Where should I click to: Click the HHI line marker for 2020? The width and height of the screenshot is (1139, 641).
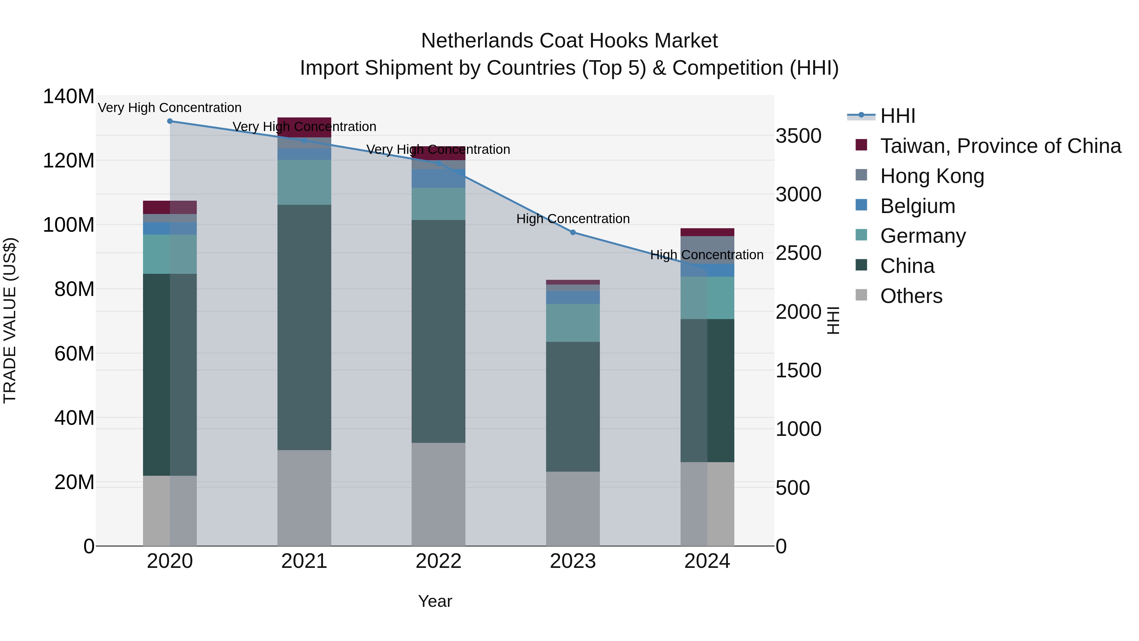click(x=170, y=121)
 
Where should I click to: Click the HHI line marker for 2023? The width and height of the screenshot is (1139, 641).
click(x=573, y=232)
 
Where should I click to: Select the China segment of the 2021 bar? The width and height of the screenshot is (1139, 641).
click(x=304, y=327)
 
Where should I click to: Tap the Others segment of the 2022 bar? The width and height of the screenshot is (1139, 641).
click(x=438, y=494)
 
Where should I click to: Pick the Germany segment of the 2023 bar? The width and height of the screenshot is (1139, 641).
click(x=573, y=323)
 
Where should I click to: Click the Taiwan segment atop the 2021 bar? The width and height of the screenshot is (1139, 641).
click(x=304, y=127)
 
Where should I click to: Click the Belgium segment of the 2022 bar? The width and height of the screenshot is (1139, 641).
click(x=438, y=178)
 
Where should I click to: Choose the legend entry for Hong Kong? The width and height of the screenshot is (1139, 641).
click(x=932, y=176)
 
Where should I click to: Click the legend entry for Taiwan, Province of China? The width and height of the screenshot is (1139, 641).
click(x=1000, y=146)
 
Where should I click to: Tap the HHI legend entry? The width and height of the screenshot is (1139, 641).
click(x=897, y=116)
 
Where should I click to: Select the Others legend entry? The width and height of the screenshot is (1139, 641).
click(x=911, y=296)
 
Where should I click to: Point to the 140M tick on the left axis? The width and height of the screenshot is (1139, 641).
click(x=69, y=97)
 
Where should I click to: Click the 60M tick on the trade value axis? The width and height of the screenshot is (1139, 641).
click(x=74, y=354)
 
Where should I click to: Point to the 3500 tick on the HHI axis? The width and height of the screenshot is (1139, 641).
click(x=798, y=136)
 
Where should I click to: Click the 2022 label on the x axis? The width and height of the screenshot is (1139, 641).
click(x=438, y=561)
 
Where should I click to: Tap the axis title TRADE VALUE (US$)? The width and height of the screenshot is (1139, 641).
click(x=10, y=321)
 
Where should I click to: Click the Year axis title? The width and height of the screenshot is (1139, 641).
click(x=435, y=601)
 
